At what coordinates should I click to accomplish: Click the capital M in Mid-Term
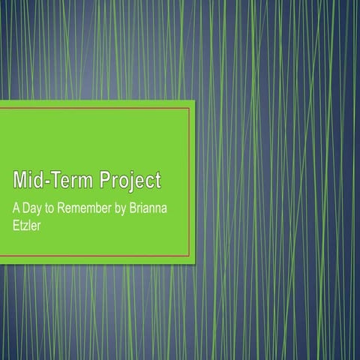coord(19,181)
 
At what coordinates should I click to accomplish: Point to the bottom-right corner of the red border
coord(190,256)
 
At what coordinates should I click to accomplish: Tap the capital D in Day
coord(25,206)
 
